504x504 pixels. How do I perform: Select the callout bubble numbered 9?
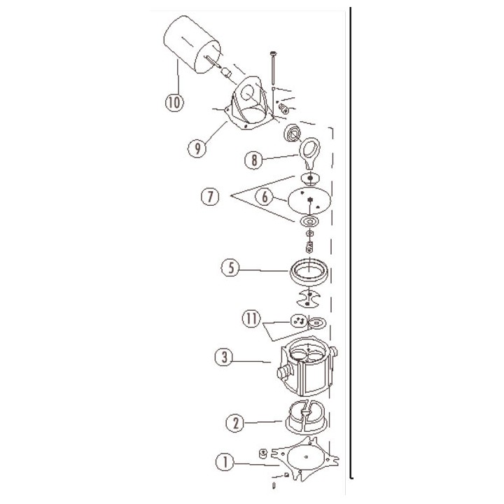pos(197,148)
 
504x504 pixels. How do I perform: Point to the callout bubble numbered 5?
pos(230,267)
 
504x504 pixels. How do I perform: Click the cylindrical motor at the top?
pos(192,41)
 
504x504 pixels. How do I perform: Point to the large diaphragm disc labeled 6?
pos(306,199)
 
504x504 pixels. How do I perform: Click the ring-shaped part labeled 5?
pos(308,270)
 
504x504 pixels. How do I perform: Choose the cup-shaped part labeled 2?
pos(306,417)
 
